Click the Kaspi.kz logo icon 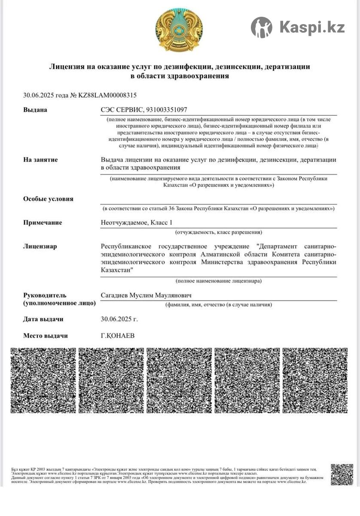tap(261, 28)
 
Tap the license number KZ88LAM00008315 tap(107, 95)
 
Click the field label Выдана tap(35, 110)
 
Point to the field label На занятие tap(40, 160)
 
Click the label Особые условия tap(48, 199)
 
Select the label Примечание tap(43, 222)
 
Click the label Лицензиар tap(40, 246)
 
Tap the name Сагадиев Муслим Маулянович tap(146, 295)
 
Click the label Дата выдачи tap(43, 319)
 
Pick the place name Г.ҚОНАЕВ tap(117, 335)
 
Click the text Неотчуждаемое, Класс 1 tap(136, 222)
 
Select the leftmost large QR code tap(43, 380)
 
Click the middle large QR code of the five tap(179, 380)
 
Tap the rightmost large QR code tap(315, 380)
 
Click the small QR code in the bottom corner tap(342, 474)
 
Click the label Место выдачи tap(46, 335)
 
